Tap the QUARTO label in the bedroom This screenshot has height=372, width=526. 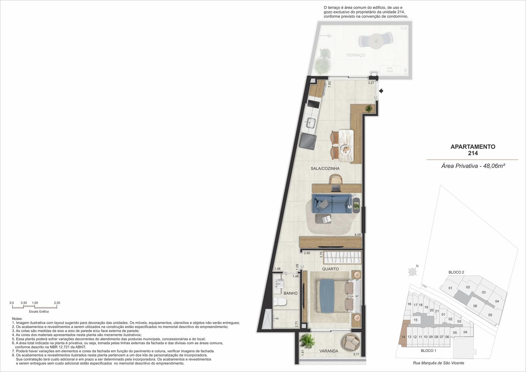[330, 269]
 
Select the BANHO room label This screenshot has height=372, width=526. [290, 293]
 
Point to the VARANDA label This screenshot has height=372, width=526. [329, 351]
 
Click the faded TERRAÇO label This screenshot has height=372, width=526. [355, 55]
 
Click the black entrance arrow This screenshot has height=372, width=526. [381, 90]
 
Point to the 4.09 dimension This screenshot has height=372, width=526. [358, 235]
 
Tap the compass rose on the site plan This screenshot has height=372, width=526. [413, 272]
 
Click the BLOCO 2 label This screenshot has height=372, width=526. [456, 272]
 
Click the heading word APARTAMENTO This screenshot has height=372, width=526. [473, 146]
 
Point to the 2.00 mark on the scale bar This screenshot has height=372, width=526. [57, 303]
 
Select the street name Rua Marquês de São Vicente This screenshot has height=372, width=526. [439, 363]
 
